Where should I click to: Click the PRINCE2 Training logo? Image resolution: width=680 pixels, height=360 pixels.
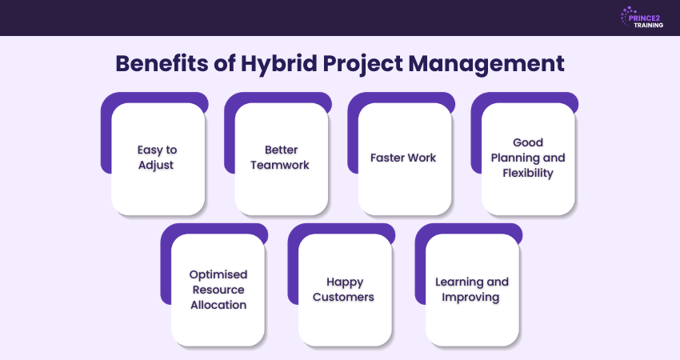642,18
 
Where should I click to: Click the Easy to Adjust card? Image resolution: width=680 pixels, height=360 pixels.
158,158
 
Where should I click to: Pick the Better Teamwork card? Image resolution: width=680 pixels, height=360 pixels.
281,158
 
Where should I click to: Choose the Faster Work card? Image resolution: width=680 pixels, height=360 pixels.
403,158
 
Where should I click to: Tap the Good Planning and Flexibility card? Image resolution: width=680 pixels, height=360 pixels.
528,158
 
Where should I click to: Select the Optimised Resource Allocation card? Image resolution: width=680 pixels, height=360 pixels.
218,290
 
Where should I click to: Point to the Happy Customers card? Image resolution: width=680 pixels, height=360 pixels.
345,290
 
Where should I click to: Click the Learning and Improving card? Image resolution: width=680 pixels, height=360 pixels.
472,290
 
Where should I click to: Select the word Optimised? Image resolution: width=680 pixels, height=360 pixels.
218,274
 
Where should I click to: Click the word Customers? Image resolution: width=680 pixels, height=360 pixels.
345,297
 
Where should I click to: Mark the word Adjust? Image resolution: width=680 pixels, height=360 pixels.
158,166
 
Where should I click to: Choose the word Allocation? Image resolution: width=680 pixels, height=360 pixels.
218,305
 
